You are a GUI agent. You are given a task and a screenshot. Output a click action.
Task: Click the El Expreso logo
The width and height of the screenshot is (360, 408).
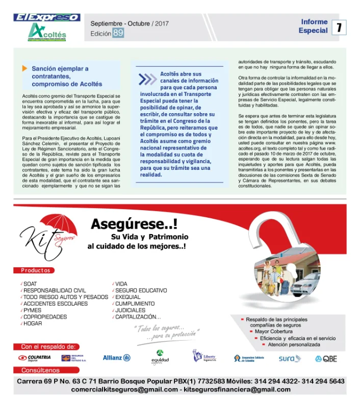point(47,17)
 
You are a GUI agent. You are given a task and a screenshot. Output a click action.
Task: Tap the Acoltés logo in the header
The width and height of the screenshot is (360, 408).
point(47,32)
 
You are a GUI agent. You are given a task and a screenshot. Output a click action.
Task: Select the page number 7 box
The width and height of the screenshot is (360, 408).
point(339,27)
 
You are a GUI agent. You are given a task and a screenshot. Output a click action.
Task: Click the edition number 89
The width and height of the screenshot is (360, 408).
point(118,33)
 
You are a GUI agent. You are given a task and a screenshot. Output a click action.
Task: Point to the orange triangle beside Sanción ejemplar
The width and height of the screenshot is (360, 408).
point(24,68)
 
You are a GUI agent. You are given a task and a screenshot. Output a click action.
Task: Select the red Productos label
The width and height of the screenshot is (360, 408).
point(36,270)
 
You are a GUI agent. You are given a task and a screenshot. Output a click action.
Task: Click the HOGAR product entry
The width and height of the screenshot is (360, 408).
point(33,323)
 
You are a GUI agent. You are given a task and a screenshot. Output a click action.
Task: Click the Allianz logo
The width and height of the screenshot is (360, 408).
point(116,358)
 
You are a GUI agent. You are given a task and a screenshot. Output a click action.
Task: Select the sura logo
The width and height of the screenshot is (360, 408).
point(290,359)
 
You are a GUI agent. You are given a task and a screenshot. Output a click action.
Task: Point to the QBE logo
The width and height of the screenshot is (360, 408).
point(326,359)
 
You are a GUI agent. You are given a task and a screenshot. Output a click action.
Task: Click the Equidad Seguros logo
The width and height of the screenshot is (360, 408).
point(160,358)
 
